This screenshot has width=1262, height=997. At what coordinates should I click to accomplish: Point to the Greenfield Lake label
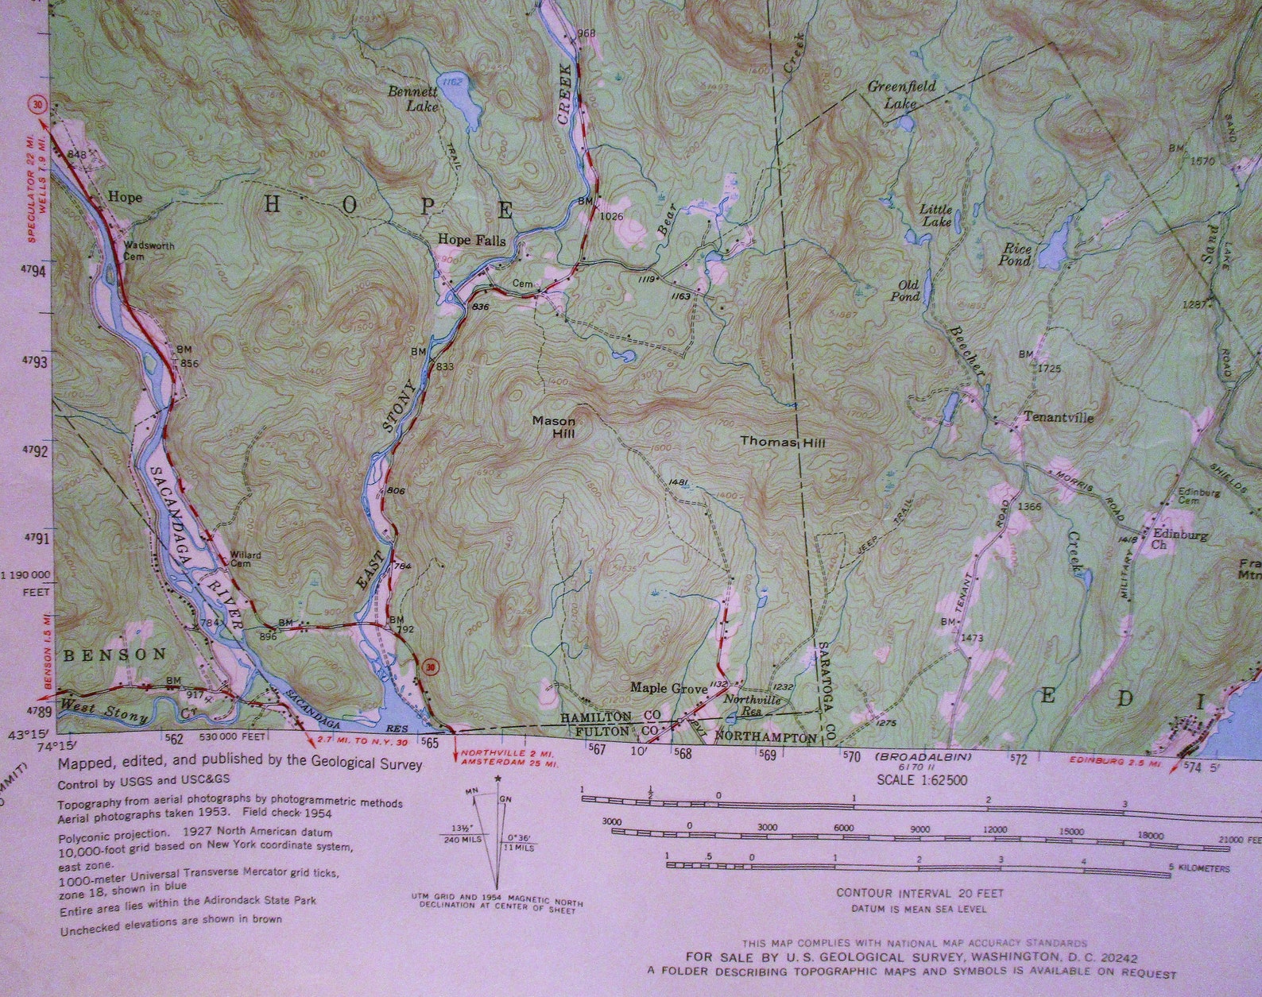tap(901, 94)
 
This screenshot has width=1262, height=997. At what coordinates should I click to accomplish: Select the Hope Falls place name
tap(472, 241)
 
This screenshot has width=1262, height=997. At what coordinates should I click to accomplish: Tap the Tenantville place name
tap(1058, 418)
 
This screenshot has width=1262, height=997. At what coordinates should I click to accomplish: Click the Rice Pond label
tap(1016, 254)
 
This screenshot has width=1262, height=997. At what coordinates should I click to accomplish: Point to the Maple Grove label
tap(668, 687)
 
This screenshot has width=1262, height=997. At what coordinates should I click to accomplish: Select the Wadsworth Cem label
tap(148, 251)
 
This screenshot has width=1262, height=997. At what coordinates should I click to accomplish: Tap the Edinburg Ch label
tap(1179, 540)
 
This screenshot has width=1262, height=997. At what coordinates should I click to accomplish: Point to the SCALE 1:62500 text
tap(922, 780)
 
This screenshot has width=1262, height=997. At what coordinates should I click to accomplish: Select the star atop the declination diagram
tap(497, 779)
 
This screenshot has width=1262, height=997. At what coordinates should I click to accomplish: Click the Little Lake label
tap(935, 215)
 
